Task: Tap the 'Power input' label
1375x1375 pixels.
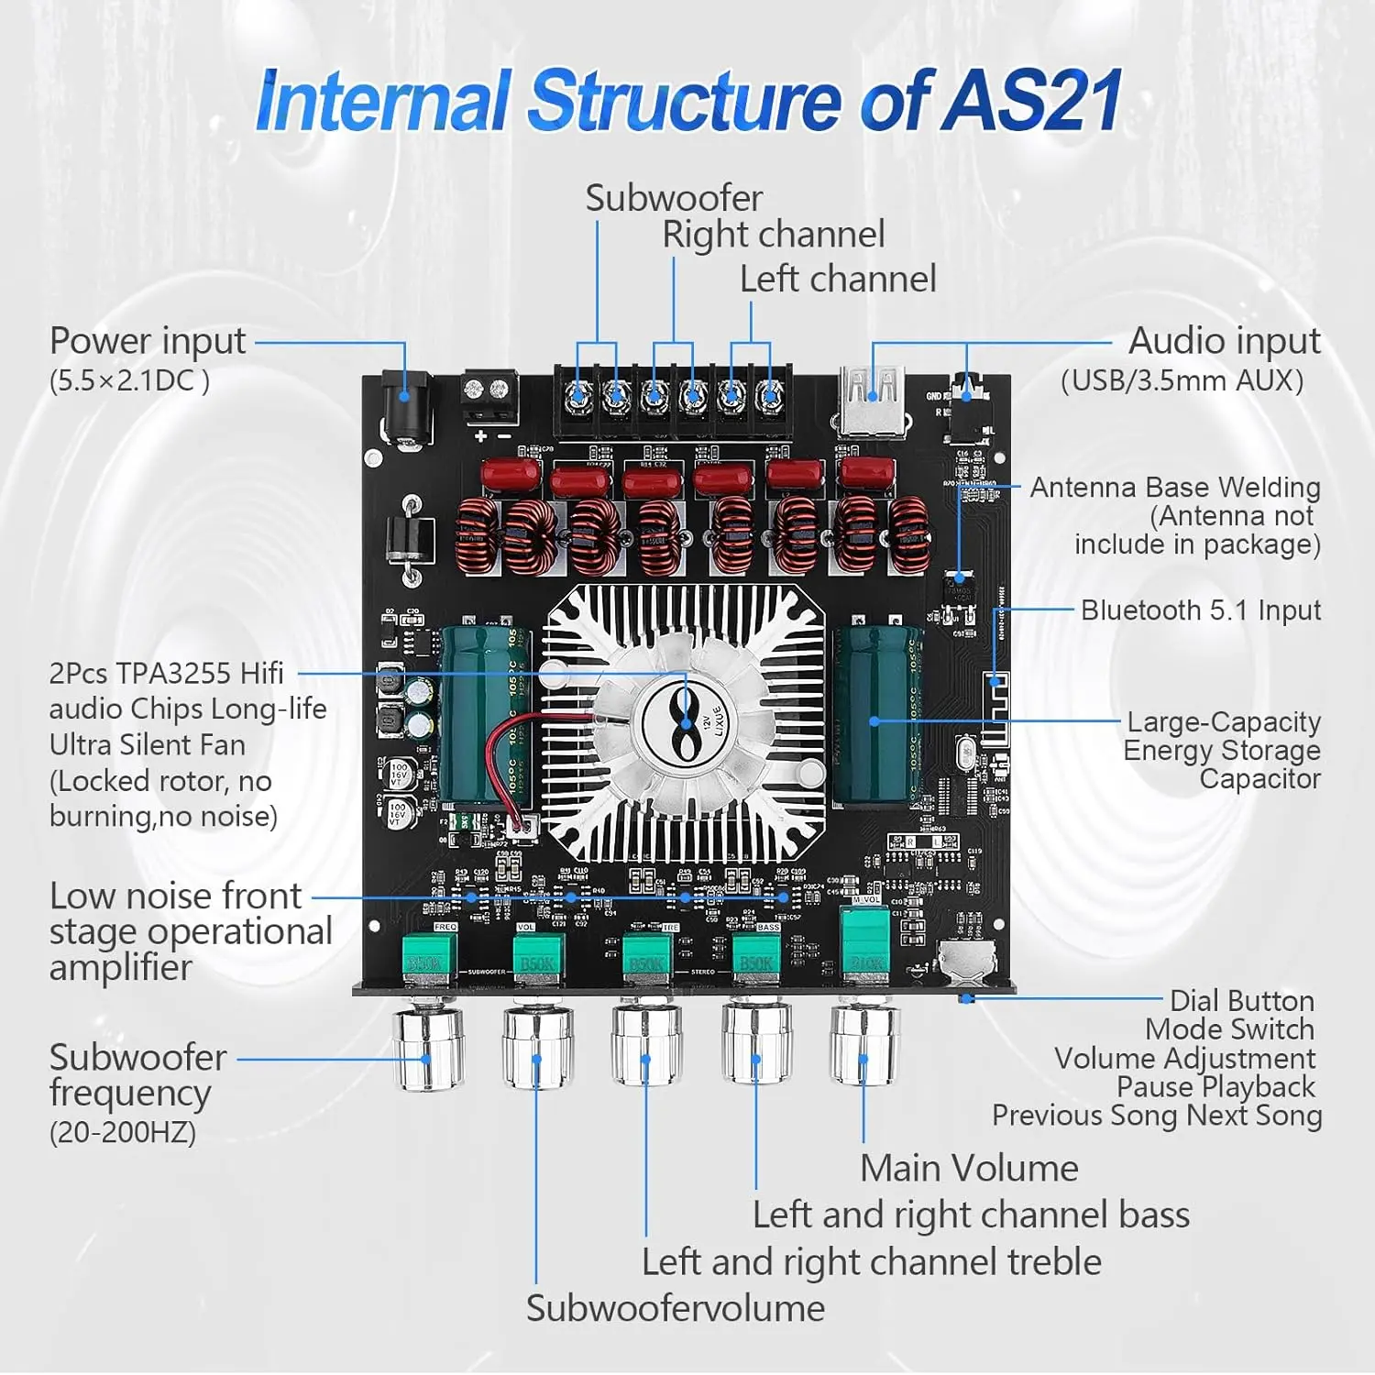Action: coord(148,341)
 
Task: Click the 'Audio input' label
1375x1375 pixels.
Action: coord(1224,341)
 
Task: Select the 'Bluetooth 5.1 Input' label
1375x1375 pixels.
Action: coord(1200,610)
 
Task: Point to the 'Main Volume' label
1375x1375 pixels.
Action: coord(969,1169)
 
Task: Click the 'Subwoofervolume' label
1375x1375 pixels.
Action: coord(675,1308)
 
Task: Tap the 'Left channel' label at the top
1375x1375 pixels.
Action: coord(838,280)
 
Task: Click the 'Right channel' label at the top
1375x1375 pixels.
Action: coord(773,236)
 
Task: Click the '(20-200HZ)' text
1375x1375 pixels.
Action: coord(123,1133)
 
